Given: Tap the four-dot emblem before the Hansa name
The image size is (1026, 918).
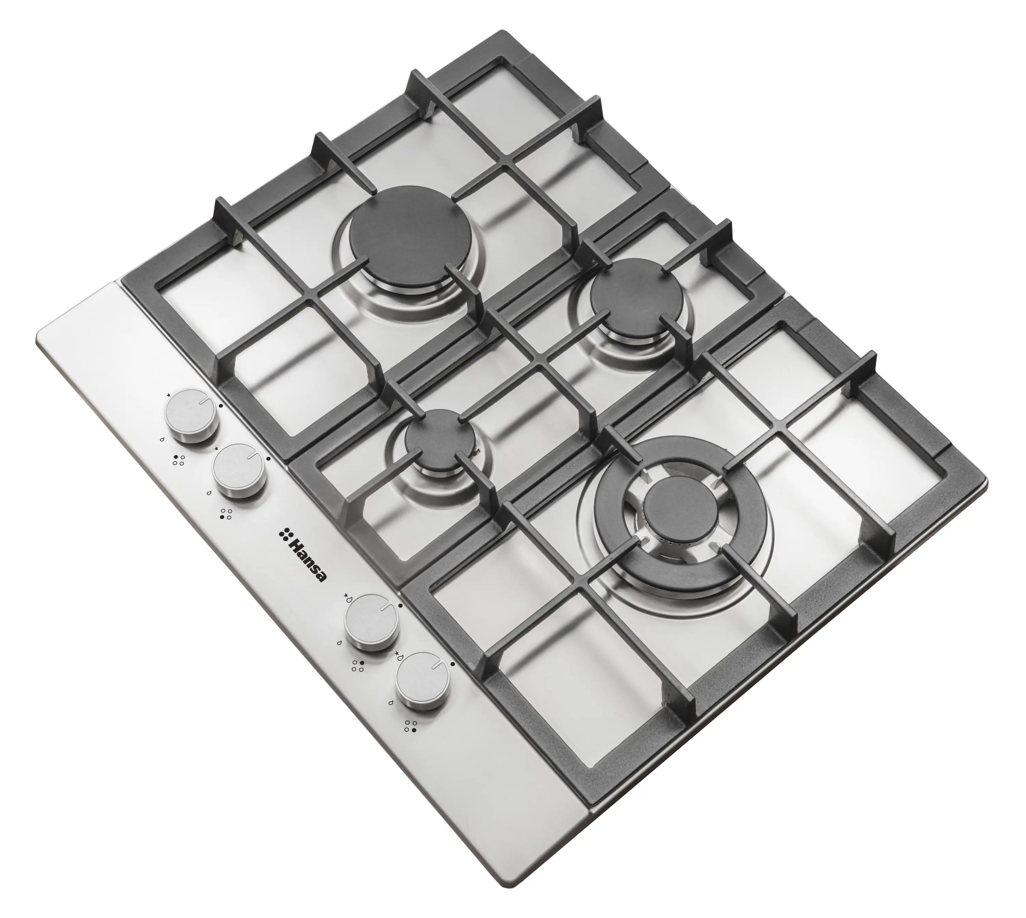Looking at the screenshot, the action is pyautogui.click(x=286, y=534).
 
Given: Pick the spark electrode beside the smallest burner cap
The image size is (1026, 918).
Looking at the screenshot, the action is pyautogui.click(x=475, y=450).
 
